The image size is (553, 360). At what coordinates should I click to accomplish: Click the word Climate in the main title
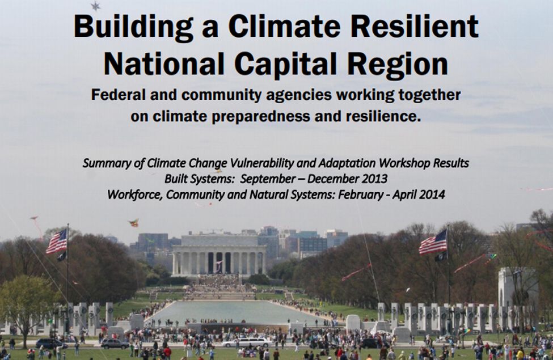[x=284, y=27]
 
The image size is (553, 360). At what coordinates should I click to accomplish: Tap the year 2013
[x=375, y=179]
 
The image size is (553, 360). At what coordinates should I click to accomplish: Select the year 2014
[x=432, y=194]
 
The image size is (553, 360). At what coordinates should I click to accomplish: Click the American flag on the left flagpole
[x=56, y=242]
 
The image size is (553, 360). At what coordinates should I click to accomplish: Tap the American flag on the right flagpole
[x=433, y=242]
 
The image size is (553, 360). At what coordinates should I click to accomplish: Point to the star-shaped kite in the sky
[x=95, y=6]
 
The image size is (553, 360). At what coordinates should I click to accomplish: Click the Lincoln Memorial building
[x=219, y=255]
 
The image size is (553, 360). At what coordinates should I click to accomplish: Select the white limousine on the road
[x=247, y=342]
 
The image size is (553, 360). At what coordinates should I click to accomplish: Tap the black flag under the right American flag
[x=440, y=257]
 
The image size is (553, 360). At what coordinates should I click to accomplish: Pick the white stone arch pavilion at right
[x=518, y=289]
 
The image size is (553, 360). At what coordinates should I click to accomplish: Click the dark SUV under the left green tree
[x=51, y=344]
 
